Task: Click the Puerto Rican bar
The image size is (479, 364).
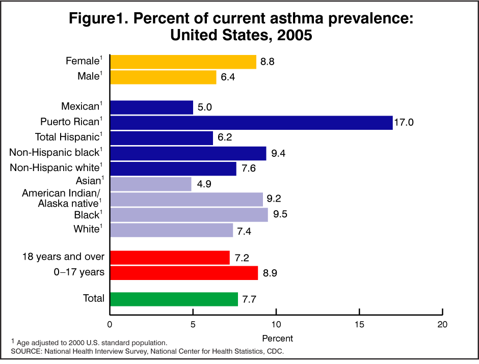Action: (x=251, y=123)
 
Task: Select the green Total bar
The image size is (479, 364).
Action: (x=174, y=299)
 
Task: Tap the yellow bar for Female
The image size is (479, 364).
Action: (x=183, y=62)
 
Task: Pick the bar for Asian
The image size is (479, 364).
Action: (x=151, y=184)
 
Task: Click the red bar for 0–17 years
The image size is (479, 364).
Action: (x=184, y=273)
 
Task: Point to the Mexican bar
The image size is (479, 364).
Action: (x=151, y=107)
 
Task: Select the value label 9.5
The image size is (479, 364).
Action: (x=280, y=214)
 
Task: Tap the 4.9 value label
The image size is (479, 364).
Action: (x=203, y=184)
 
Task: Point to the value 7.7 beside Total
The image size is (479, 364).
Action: (x=250, y=299)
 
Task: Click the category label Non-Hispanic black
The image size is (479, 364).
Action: (x=56, y=152)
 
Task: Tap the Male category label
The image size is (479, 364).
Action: (x=87, y=77)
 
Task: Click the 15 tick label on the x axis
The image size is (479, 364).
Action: (x=359, y=324)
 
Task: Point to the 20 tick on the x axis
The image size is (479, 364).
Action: (x=442, y=324)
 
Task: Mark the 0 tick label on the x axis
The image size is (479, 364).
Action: (x=110, y=324)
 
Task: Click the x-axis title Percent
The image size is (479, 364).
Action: (x=278, y=338)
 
